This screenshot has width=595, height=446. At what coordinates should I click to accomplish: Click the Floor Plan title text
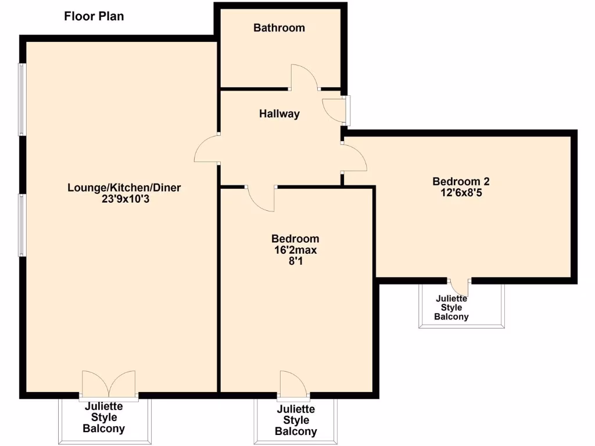(x=94, y=16)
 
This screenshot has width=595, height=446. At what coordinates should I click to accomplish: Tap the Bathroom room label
(x=279, y=27)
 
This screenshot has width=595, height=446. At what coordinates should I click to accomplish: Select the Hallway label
(x=279, y=114)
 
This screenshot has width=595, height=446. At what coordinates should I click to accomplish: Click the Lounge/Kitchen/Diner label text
(x=124, y=188)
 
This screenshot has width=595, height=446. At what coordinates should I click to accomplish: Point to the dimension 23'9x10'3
(x=124, y=199)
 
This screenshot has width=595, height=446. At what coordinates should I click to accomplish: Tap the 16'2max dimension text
(x=295, y=250)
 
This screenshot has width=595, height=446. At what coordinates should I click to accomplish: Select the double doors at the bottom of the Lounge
(x=109, y=384)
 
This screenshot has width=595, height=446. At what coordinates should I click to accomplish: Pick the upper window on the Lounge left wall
(x=22, y=99)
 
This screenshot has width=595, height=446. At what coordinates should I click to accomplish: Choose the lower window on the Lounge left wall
(x=22, y=225)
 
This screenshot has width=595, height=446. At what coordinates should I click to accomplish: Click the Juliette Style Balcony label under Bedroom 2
(x=451, y=308)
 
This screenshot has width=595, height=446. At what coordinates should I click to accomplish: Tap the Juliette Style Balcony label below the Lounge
(x=103, y=418)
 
